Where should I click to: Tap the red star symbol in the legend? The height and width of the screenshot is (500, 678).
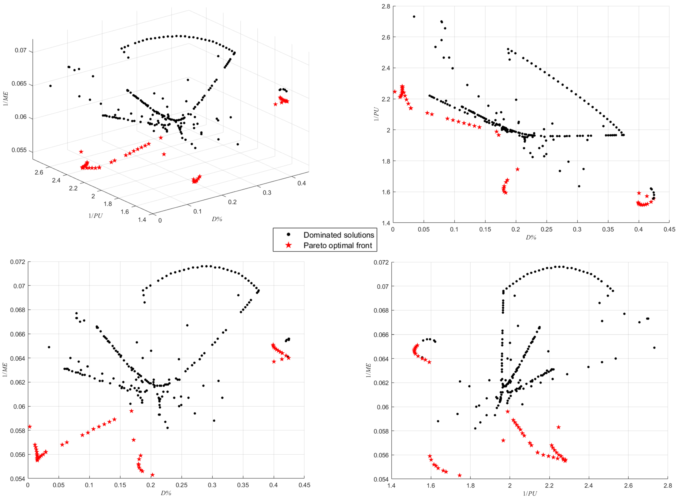[x=289, y=245]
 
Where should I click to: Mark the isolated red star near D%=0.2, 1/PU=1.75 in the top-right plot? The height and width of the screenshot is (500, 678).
[x=517, y=169]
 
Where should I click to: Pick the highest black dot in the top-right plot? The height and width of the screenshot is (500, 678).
[x=414, y=17]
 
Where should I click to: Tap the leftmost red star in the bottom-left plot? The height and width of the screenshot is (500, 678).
[x=29, y=427]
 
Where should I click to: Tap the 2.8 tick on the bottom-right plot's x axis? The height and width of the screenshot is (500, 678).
[x=667, y=486]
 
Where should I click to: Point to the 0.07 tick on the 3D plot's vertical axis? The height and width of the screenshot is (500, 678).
[x=21, y=50]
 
